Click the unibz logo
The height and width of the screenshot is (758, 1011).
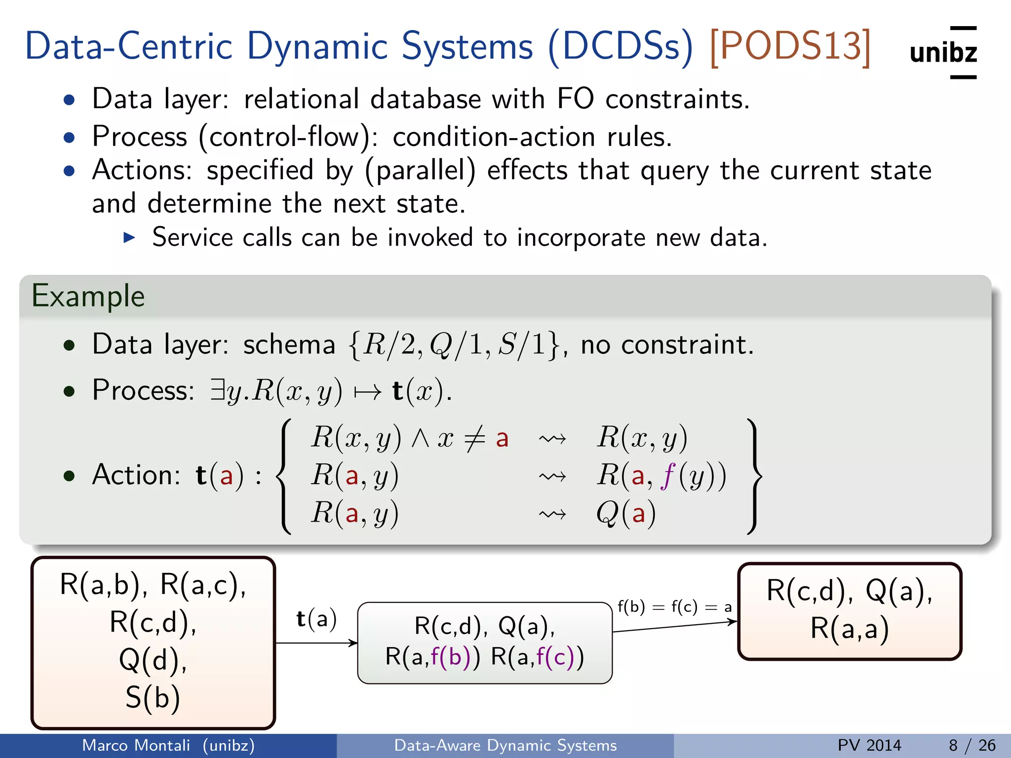coord(943,52)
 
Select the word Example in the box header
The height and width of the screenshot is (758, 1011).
coord(88,297)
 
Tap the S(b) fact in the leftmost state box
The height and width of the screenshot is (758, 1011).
coord(153,697)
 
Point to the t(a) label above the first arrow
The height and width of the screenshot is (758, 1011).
coord(316,619)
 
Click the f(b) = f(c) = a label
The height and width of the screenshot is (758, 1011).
coord(674,606)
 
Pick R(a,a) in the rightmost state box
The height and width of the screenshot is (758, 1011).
coord(849,629)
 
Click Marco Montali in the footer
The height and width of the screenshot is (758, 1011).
coord(136,745)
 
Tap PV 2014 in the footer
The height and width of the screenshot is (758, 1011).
coord(869,745)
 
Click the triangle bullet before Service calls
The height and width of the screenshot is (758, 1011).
coord(129,238)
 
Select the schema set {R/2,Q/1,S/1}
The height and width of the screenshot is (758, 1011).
coord(454,344)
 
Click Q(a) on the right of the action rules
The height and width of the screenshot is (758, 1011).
coord(625,514)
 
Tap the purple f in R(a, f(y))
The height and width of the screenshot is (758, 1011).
coord(667,476)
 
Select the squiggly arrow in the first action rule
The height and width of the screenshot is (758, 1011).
coord(552,438)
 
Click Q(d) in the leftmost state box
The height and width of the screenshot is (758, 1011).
coord(153,660)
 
